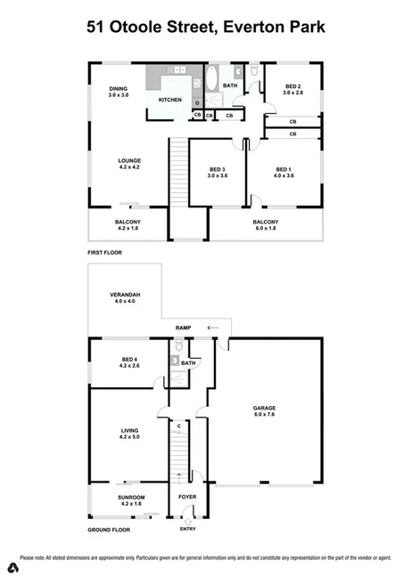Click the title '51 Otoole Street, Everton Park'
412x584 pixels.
[206, 28]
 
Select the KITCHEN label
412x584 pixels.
[170, 100]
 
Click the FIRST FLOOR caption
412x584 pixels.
[104, 253]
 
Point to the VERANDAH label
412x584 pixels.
[124, 297]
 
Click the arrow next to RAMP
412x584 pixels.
[212, 328]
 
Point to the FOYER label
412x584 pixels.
[187, 497]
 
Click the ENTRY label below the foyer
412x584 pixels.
[187, 530]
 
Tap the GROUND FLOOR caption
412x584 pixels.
[109, 530]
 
